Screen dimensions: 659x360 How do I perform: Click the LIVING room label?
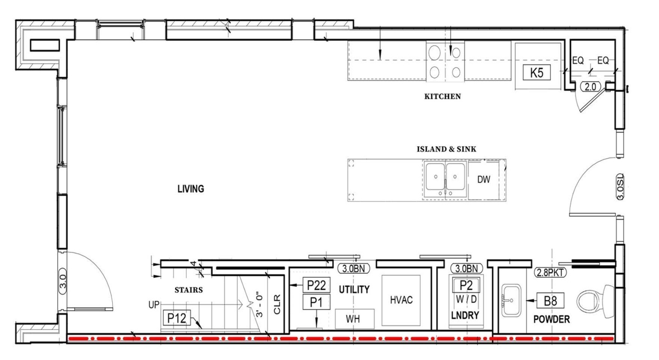pos(191,189)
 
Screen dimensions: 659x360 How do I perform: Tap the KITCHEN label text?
pos(443,97)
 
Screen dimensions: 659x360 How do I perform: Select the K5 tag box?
pos(537,73)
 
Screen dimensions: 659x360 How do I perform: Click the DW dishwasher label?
pos(484,180)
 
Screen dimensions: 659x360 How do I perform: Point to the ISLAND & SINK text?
pos(446,149)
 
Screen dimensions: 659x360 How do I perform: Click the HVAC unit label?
pos(401,300)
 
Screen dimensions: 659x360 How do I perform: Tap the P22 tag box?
pos(316,285)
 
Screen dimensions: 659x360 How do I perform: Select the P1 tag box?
pos(316,302)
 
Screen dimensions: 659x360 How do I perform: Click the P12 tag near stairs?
pos(177,318)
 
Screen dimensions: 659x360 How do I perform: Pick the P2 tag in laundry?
pos(466,285)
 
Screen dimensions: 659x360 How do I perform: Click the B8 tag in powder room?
pos(550,301)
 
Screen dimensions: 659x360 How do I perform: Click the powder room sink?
pos(511,301)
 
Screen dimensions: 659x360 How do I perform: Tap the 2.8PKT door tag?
pos(550,272)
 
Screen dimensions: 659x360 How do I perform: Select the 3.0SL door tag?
pos(620,186)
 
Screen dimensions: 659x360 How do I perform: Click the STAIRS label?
pos(189,290)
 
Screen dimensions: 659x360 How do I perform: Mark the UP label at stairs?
pos(154,305)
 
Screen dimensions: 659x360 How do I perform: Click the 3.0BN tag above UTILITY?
pos(354,269)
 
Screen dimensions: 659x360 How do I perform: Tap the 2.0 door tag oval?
pos(590,87)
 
